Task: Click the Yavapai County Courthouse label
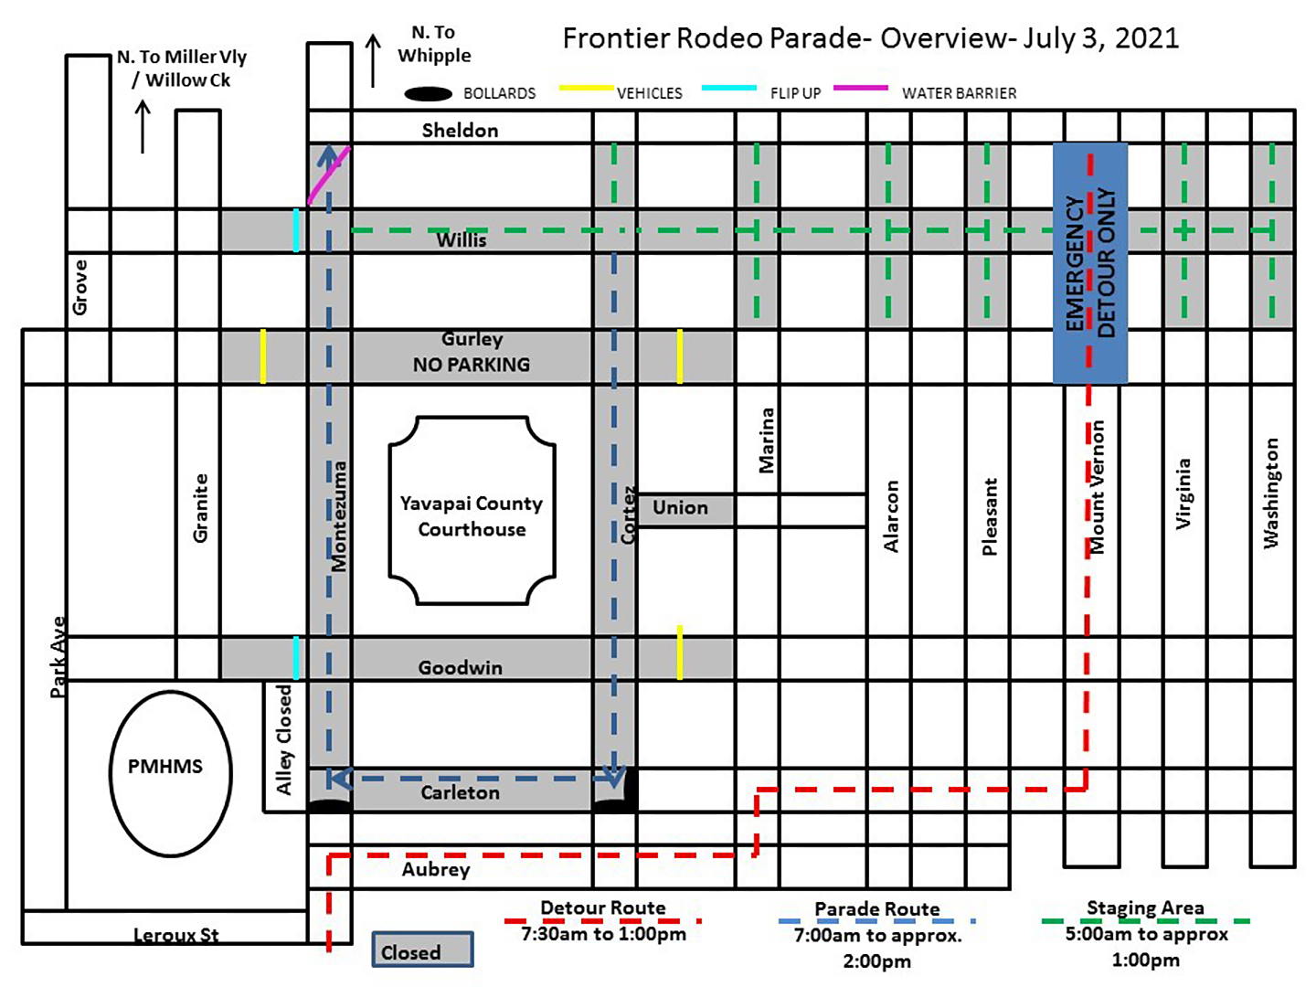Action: click(472, 515)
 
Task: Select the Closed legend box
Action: click(422, 950)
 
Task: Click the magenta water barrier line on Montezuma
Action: click(329, 175)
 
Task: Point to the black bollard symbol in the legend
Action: click(429, 93)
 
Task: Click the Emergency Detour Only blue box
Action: click(1089, 263)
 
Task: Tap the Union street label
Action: click(680, 508)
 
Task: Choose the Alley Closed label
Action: click(284, 739)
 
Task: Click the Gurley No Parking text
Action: click(472, 353)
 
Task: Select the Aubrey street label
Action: click(436, 869)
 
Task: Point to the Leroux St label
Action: click(175, 935)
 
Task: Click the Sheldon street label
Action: click(460, 131)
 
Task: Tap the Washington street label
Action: click(1270, 493)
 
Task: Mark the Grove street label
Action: click(80, 287)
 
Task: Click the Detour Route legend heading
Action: click(603, 907)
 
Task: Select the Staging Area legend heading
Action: click(1145, 907)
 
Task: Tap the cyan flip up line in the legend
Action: click(729, 89)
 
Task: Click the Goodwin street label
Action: click(461, 668)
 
